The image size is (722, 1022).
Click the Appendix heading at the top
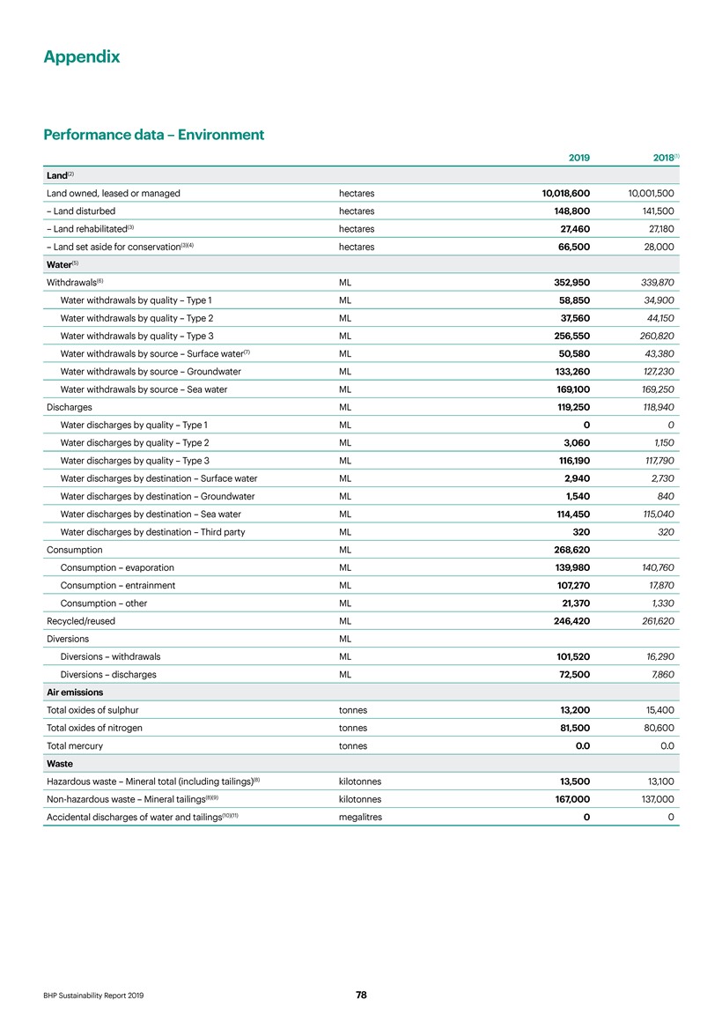82,57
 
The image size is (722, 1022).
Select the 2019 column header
578,158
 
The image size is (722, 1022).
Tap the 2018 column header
659,158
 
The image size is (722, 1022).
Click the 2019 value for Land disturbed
568,211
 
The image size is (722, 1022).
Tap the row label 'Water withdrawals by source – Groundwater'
151,372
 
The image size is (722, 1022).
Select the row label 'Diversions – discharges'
108,675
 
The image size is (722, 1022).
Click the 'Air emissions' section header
75,692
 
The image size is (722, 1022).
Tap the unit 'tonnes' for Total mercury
353,745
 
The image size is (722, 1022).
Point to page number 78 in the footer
361,995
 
